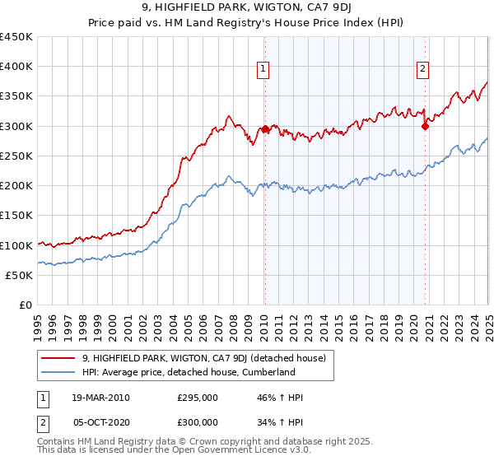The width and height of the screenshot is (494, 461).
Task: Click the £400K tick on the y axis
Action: click(16, 67)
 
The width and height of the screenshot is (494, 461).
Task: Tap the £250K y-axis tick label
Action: click(16, 156)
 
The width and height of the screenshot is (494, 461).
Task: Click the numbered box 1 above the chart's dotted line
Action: click(263, 70)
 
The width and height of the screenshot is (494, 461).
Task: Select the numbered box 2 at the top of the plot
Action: click(422, 70)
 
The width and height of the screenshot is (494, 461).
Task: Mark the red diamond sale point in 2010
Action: click(266, 129)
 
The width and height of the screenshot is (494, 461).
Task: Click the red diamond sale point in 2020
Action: click(425, 126)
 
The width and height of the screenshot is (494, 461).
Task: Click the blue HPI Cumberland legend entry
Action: click(189, 372)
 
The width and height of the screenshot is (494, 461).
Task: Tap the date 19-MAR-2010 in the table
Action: click(101, 398)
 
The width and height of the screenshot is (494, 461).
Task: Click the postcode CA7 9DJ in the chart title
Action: click(317, 10)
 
